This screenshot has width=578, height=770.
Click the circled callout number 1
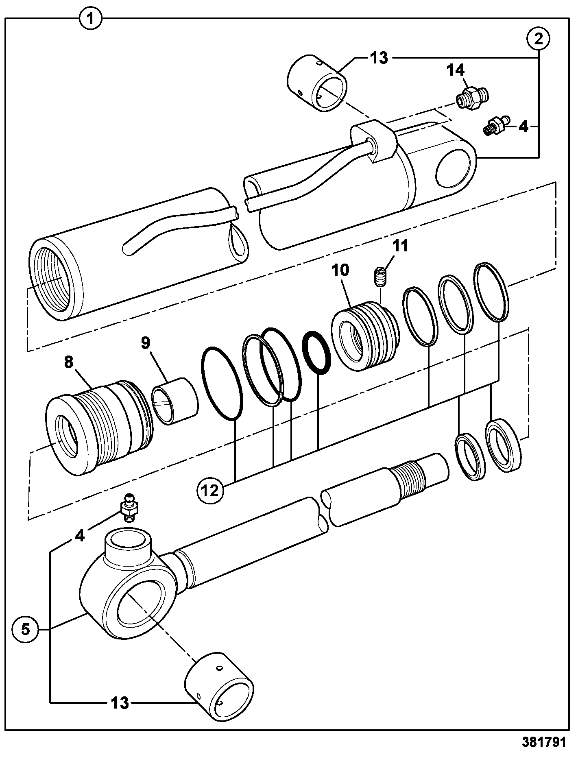[91, 19]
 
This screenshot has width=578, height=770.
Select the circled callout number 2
[539, 39]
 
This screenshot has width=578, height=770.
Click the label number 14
[456, 70]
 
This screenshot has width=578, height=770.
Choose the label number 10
[341, 270]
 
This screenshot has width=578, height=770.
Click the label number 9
[146, 343]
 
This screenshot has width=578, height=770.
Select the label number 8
[69, 362]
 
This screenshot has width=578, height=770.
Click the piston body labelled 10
[365, 335]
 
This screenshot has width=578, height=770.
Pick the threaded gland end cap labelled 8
[100, 427]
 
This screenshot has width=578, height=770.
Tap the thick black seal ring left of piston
[317, 352]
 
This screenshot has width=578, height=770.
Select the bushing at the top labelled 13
[317, 83]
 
